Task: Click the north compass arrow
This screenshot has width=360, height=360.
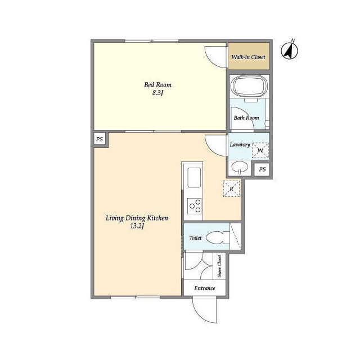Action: click(x=290, y=51)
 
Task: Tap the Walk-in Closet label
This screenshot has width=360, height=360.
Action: click(x=248, y=57)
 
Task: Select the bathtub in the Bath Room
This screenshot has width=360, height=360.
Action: click(x=249, y=85)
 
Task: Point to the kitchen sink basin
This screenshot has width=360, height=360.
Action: click(x=194, y=177)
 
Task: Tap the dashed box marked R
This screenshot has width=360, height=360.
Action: click(x=231, y=188)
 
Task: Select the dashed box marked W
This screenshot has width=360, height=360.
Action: click(x=260, y=150)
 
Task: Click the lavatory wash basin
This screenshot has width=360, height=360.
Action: click(x=240, y=166)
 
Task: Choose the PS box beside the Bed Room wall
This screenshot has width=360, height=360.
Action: click(x=100, y=139)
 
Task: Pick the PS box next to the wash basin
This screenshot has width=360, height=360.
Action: click(x=262, y=169)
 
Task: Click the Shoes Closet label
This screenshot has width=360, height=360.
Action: click(x=219, y=266)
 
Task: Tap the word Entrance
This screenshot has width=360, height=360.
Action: click(x=205, y=288)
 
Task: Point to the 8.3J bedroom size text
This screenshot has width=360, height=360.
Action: click(x=157, y=93)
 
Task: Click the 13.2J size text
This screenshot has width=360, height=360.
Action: click(x=137, y=226)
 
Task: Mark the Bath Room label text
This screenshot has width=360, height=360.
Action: click(x=246, y=118)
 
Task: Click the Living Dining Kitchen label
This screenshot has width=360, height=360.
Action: click(x=137, y=218)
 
